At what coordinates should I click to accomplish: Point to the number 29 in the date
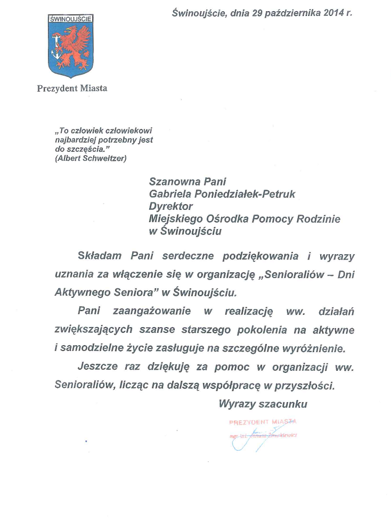click(254, 12)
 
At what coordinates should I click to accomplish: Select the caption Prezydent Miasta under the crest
click(72, 88)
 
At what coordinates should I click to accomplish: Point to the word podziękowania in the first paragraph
click(259, 256)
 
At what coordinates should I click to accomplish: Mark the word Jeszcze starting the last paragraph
click(97, 367)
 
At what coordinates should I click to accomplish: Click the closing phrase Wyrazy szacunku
click(263, 404)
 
